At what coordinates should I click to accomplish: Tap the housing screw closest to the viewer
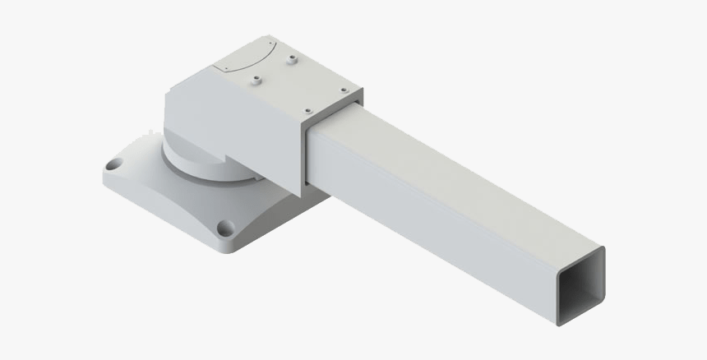pyautogui.click(x=307, y=111)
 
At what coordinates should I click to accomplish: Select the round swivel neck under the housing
pyautogui.click(x=197, y=164)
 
